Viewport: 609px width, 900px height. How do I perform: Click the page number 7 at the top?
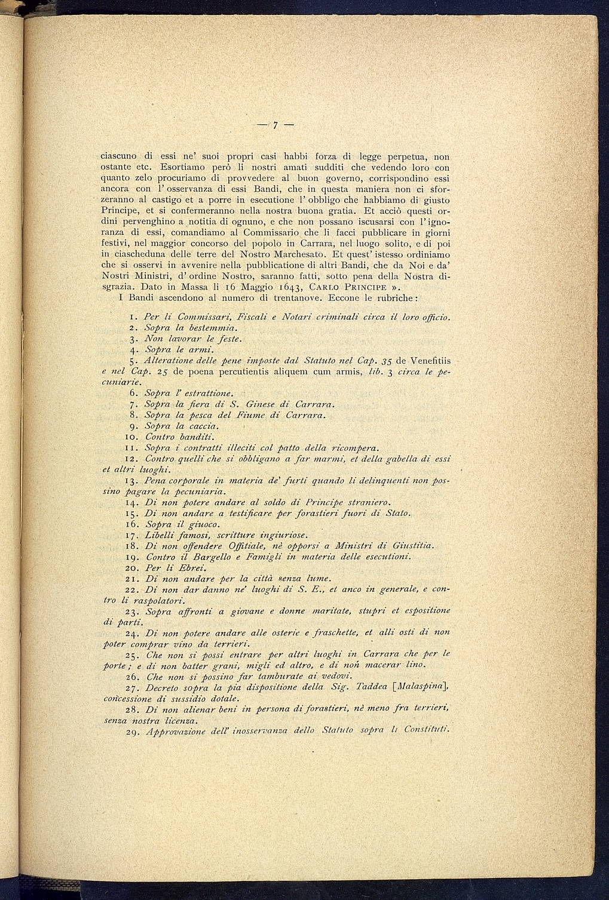[x=276, y=125]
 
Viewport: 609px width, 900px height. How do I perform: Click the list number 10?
[x=133, y=437]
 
